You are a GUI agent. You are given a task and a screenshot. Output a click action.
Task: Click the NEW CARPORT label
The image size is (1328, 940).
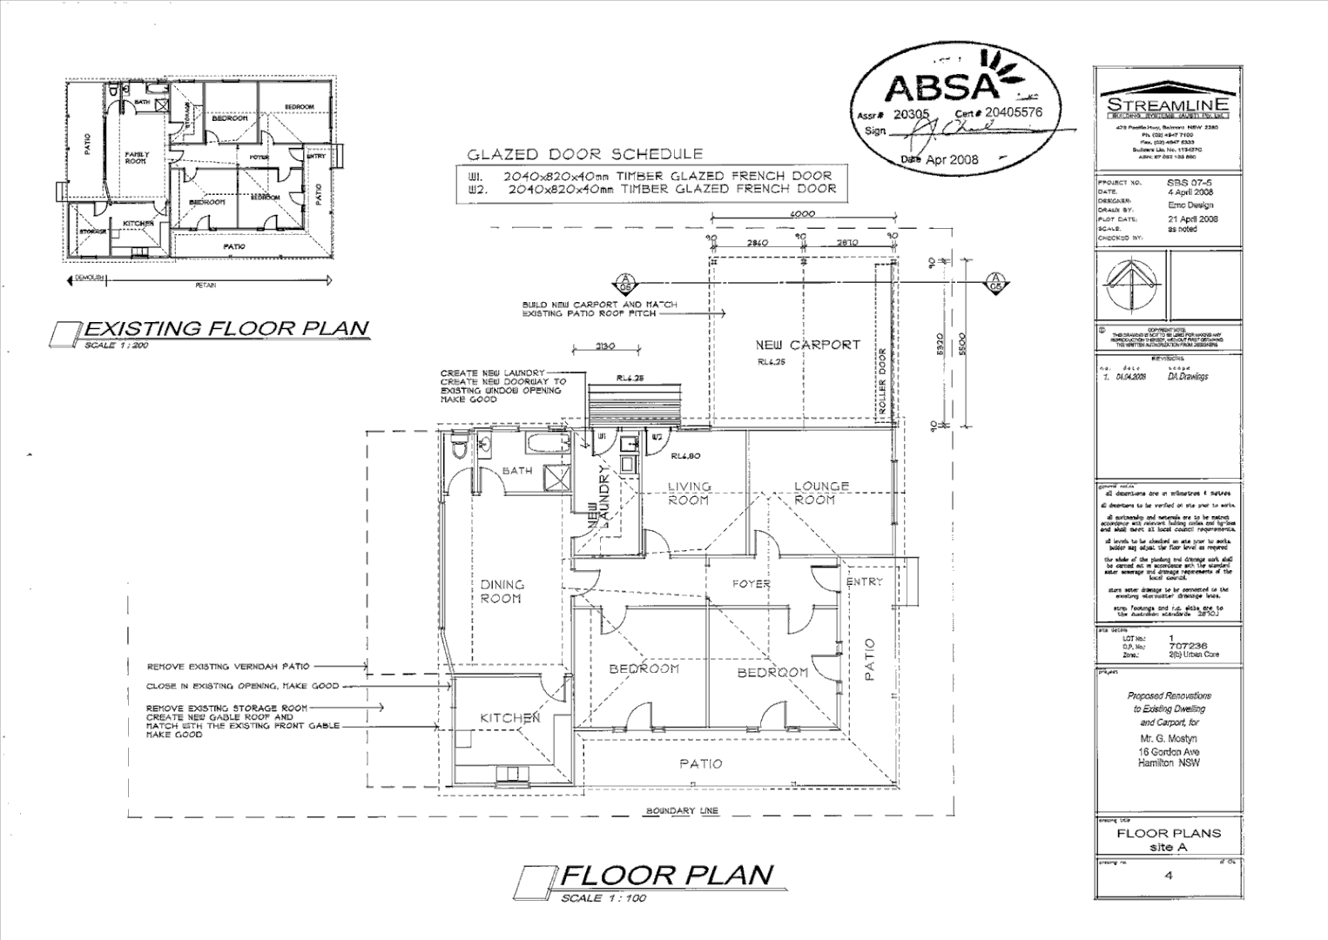click(x=807, y=345)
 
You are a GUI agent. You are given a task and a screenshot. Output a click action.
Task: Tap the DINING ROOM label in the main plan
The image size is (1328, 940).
click(x=501, y=592)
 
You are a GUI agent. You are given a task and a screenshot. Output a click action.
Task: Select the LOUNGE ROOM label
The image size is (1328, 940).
click(x=820, y=493)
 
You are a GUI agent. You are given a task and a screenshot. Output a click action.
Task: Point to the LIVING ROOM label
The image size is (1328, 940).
click(x=688, y=493)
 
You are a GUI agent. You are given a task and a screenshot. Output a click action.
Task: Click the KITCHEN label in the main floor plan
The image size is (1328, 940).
click(x=510, y=718)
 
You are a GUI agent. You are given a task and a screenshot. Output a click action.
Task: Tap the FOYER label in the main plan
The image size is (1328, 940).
click(x=750, y=583)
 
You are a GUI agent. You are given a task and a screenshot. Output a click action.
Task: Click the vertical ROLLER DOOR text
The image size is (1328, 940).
click(x=881, y=383)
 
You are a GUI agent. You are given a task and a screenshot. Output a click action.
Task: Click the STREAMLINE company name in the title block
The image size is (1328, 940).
click(x=1167, y=104)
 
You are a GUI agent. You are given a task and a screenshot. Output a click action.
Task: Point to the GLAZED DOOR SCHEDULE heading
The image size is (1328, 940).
click(x=584, y=155)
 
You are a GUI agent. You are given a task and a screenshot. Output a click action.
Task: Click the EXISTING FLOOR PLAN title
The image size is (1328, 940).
click(x=225, y=328)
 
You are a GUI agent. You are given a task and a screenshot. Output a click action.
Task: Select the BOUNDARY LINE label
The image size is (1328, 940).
click(x=682, y=811)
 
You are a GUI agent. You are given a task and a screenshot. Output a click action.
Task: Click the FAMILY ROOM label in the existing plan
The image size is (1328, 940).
click(x=137, y=157)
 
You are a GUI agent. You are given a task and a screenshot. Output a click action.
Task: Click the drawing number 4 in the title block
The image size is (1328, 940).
click(x=1168, y=876)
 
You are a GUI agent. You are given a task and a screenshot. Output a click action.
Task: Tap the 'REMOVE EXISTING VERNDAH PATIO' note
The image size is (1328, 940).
click(x=228, y=667)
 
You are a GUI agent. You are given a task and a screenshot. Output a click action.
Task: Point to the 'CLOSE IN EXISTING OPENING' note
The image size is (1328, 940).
click(x=242, y=686)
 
